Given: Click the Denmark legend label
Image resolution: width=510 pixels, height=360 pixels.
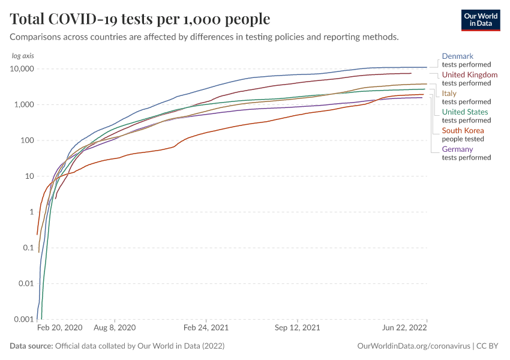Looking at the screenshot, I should point(457,56).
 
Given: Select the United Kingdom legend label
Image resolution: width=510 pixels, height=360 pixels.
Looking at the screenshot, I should point(469,75).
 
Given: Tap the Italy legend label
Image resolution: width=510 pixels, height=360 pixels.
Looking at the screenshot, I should point(449,94).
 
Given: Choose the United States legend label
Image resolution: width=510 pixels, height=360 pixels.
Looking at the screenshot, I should point(465,112).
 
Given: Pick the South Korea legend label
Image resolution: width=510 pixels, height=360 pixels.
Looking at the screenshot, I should point(463,131).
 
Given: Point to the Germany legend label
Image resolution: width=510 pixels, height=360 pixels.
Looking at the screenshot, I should point(457,149).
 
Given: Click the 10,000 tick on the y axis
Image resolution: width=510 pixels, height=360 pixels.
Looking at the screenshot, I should point(20,69).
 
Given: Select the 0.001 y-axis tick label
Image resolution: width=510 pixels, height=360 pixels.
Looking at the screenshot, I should point(23,319).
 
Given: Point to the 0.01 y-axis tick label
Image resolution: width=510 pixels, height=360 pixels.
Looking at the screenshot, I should point(25,284).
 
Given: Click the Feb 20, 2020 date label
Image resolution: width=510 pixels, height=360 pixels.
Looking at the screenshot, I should point(59,328).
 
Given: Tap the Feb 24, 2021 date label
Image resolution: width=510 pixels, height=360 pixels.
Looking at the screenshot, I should point(206,328).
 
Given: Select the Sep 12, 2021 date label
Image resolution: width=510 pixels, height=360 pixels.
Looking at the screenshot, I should point(297,328).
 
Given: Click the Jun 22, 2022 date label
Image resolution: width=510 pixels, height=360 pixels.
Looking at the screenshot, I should point(406,328).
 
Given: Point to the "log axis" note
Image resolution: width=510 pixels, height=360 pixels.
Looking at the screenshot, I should point(23,56).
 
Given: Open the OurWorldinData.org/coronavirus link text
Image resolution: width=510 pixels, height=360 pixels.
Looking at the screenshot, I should point(412,346).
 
